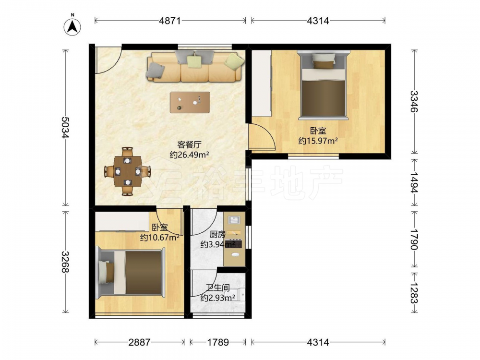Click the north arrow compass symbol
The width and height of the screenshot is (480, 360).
[x=72, y=26]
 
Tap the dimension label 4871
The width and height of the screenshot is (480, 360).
[x=170, y=21]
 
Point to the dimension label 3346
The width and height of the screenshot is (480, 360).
[x=414, y=101]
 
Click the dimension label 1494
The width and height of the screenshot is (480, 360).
[x=414, y=182]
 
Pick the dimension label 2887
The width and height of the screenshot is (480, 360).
[x=139, y=342]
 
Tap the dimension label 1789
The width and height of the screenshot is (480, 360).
[x=218, y=342]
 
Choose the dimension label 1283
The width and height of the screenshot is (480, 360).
[x=414, y=293]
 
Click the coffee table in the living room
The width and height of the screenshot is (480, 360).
[x=190, y=102]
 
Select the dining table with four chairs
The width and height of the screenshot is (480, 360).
[x=127, y=171]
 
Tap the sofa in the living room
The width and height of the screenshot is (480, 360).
[x=195, y=67]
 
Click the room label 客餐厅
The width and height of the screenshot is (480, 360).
[x=189, y=144]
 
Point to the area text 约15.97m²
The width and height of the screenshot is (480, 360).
[x=318, y=141]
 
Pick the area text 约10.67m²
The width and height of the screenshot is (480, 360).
[x=159, y=237]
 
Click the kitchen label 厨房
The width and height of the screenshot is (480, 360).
[x=217, y=235]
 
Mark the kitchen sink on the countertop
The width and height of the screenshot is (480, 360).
[x=235, y=220]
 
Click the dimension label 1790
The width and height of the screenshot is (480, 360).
[x=414, y=239]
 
